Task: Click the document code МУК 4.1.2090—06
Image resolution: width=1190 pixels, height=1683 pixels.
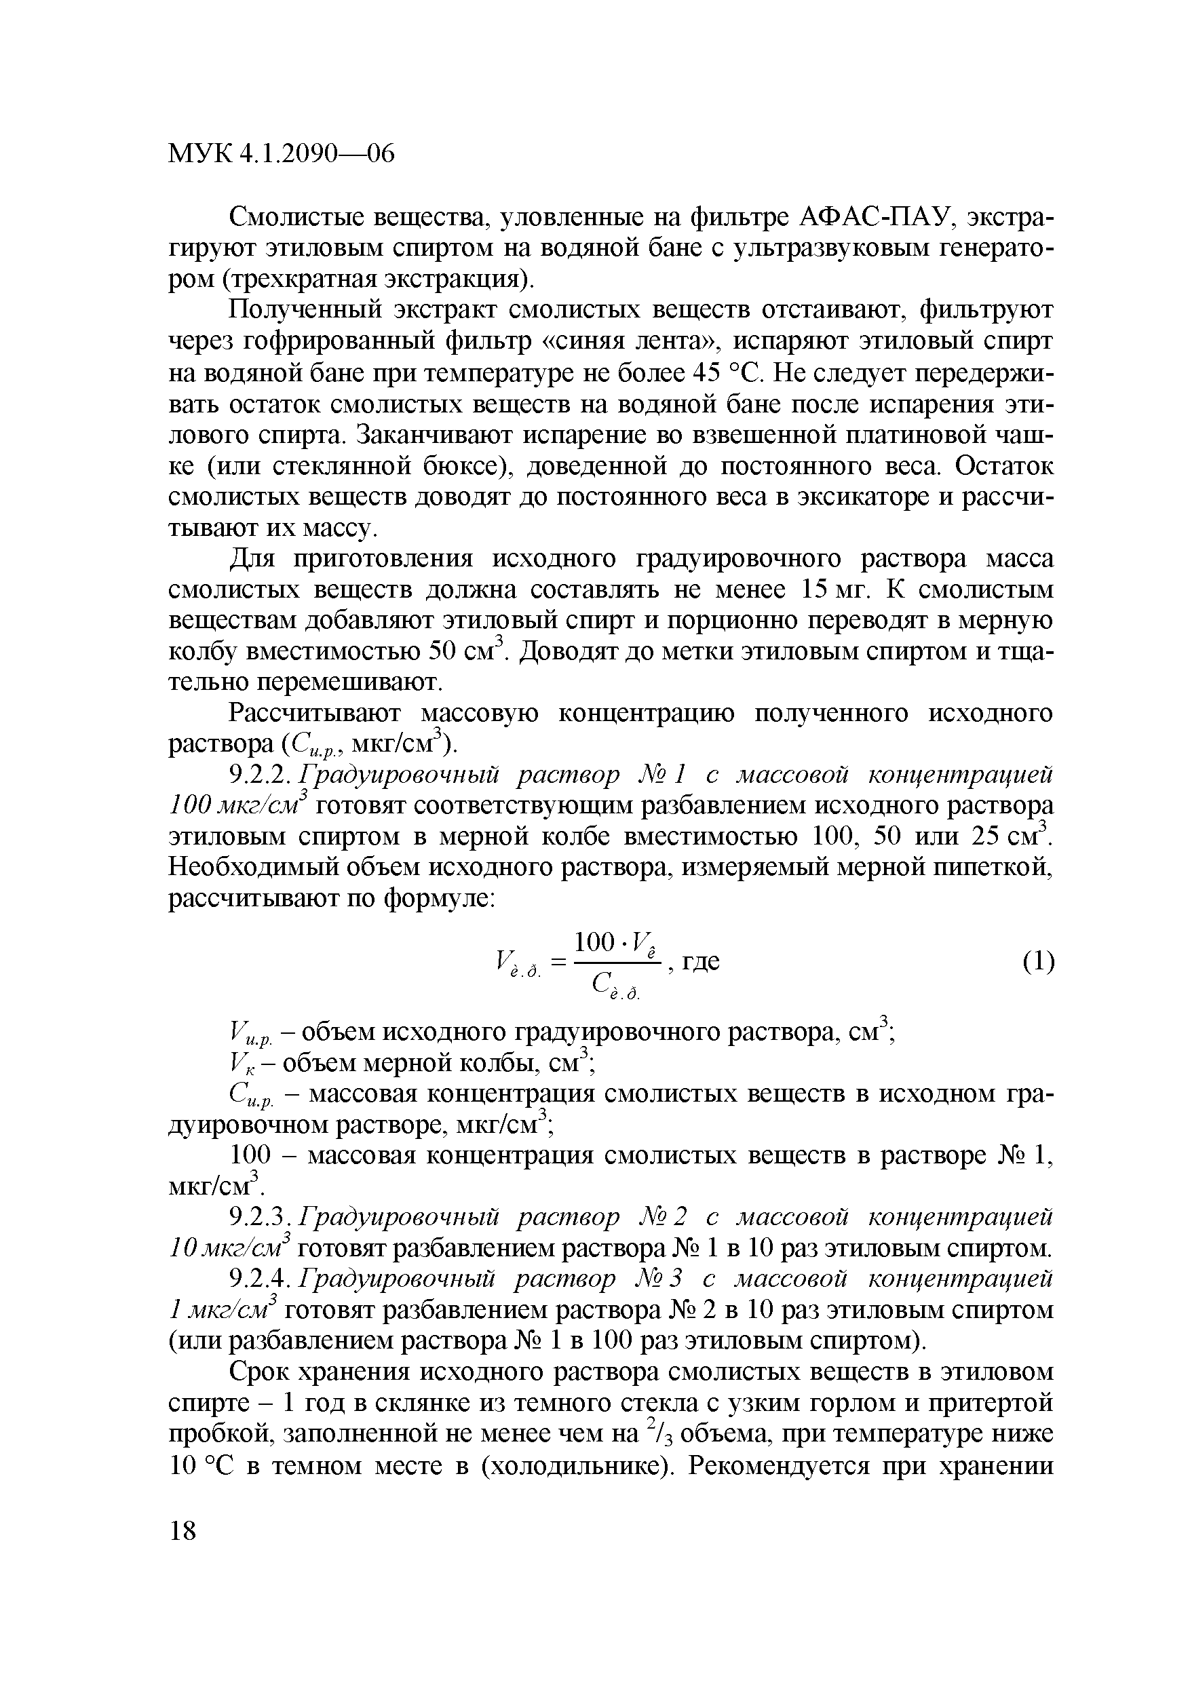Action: (x=282, y=154)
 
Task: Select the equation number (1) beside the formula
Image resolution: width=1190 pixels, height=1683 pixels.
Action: (x=1038, y=961)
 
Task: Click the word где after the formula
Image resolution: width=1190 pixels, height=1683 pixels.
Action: (x=701, y=961)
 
